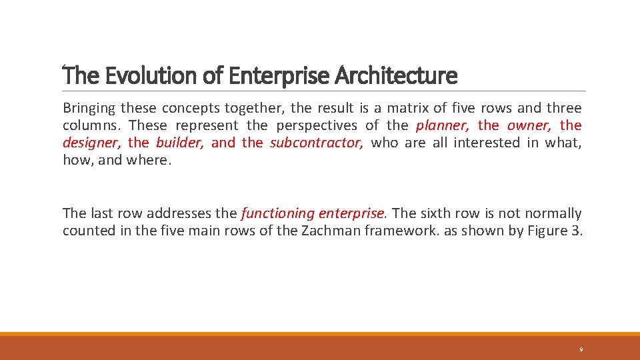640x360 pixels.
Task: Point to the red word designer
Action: point(91,143)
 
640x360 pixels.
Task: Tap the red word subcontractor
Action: point(317,143)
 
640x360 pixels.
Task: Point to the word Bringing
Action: point(88,108)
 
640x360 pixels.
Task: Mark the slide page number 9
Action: point(581,349)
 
